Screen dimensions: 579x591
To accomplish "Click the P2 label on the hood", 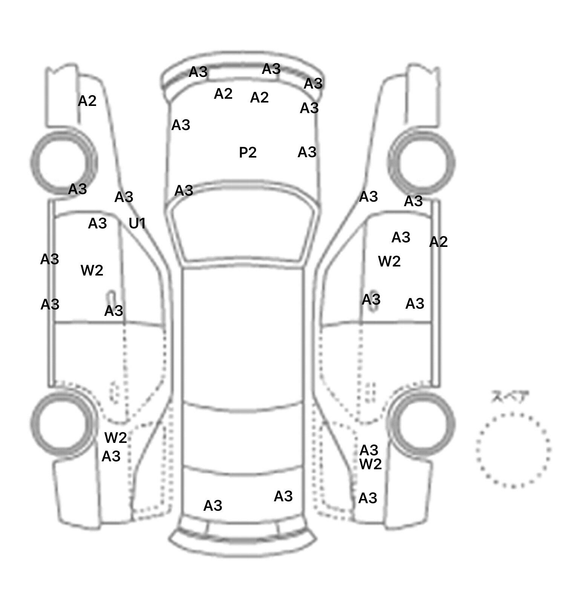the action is [x=248, y=152].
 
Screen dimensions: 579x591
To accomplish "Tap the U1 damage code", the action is [x=137, y=224].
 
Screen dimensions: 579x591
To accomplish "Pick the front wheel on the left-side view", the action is [x=63, y=162].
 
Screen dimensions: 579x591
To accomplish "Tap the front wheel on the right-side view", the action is [x=422, y=162].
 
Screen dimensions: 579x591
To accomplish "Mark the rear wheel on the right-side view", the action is [x=422, y=423].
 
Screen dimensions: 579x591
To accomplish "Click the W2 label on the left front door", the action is [x=92, y=270].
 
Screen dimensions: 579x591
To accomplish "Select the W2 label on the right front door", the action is [x=389, y=261].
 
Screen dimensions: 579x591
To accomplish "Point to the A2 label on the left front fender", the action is [x=87, y=101].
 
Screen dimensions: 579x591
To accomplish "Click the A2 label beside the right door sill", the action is [x=438, y=242].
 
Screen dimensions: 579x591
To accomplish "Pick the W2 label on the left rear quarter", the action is [x=115, y=438].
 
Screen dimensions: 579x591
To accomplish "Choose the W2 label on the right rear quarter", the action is [x=371, y=464].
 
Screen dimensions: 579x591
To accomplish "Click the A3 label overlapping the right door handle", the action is [x=371, y=300].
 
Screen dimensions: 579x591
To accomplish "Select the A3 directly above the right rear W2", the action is [x=369, y=450].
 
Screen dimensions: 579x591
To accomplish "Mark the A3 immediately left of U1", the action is [x=97, y=224].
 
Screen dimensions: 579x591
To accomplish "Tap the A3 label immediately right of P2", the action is [x=307, y=152].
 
